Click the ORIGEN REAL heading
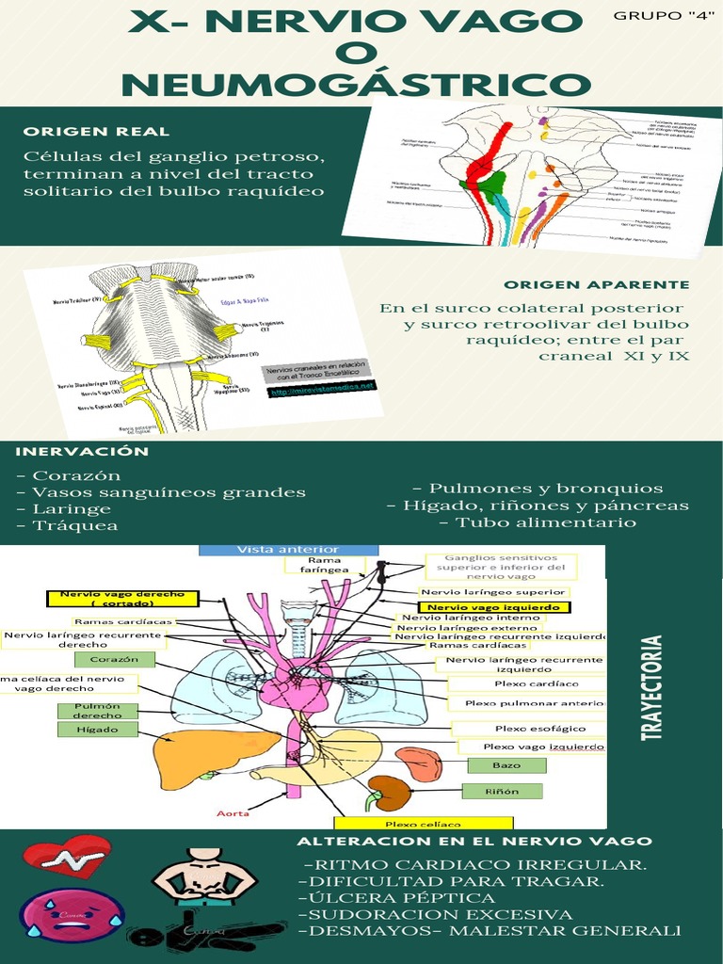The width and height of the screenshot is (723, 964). (x=97, y=131)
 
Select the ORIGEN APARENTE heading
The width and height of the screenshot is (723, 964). (x=596, y=284)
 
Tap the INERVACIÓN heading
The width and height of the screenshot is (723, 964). (x=82, y=451)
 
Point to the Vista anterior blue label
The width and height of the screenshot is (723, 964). (x=288, y=549)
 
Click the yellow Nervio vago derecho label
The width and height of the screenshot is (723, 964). (x=122, y=599)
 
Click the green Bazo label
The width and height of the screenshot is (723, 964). (x=506, y=765)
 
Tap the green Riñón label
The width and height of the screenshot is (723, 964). (x=502, y=792)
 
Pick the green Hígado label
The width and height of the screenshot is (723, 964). (x=99, y=729)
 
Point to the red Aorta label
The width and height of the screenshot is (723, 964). (x=233, y=812)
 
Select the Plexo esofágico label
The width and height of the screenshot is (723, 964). (x=527, y=728)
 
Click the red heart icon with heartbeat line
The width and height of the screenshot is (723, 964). (x=67, y=856)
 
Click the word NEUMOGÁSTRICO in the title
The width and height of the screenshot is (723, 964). (x=356, y=87)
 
